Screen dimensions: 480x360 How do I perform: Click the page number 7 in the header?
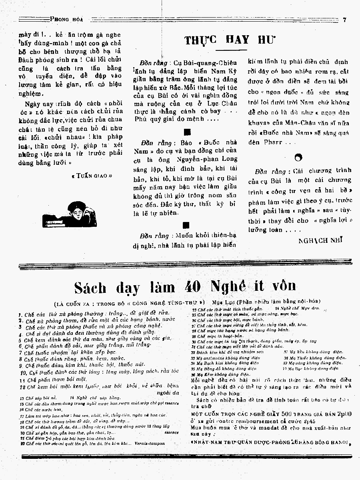(x=344, y=18)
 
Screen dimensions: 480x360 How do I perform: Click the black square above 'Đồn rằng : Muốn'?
(x=185, y=225)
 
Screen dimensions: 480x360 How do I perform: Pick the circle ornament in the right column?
(x=298, y=157)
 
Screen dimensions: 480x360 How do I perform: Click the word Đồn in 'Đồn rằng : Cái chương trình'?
(x=264, y=171)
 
